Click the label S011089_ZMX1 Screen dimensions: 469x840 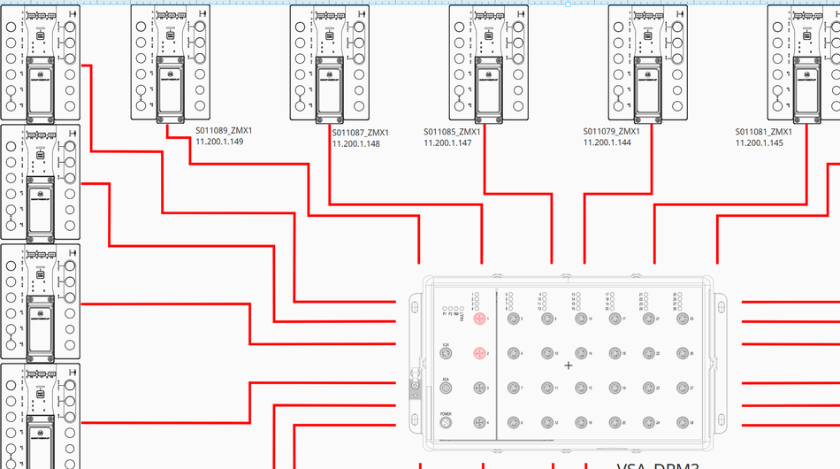click(224, 131)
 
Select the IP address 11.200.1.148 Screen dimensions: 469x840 click(356, 143)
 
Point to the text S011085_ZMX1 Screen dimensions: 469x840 click(452, 132)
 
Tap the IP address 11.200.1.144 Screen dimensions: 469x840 click(607, 142)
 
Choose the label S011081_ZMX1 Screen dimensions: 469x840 click(763, 132)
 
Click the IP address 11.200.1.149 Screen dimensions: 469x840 click(219, 142)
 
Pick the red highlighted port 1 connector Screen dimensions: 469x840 click(479, 319)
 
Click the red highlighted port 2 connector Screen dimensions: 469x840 click(479, 353)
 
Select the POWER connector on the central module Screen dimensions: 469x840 click(447, 422)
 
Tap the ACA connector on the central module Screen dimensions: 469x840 click(447, 388)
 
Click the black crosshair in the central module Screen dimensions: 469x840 click(568, 365)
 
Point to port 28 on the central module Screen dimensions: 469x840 click(683, 422)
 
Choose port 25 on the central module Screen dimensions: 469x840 click(683, 319)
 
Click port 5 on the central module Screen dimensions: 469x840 click(513, 319)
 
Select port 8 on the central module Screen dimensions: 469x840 click(513, 422)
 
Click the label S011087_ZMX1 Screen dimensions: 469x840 click(360, 133)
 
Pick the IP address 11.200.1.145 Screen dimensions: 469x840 click(760, 142)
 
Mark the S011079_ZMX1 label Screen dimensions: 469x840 click(611, 132)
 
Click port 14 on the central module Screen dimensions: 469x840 click(580, 353)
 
